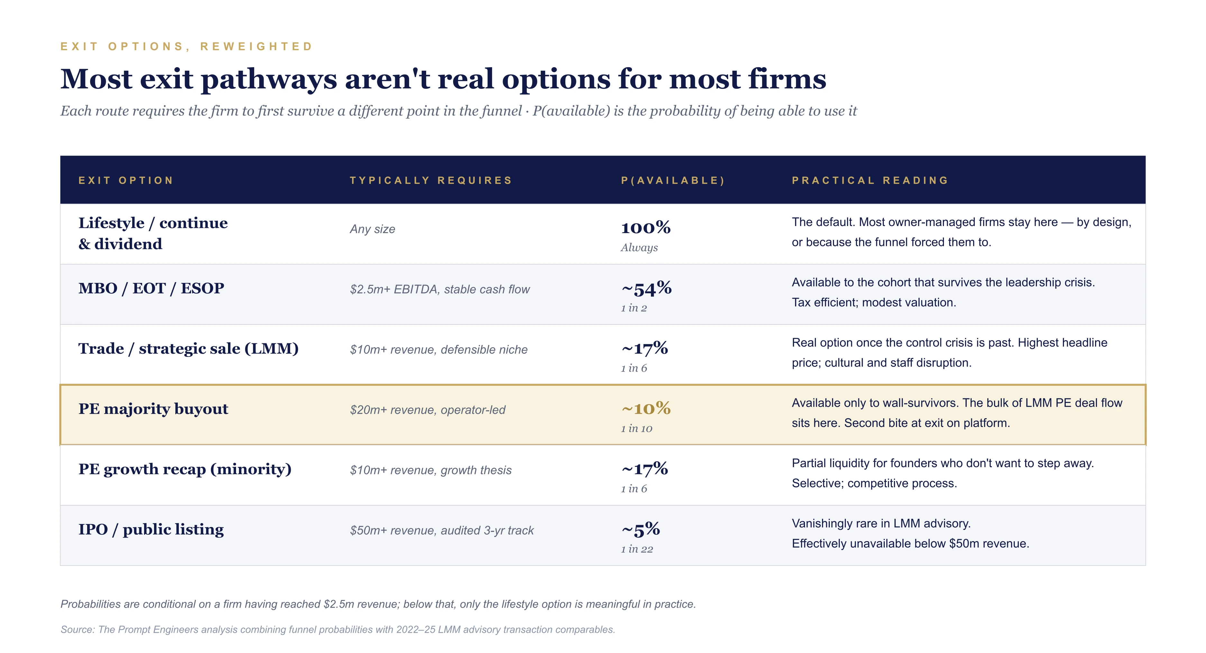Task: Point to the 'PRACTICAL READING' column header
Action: pyautogui.click(x=870, y=180)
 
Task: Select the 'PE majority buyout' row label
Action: pyautogui.click(x=153, y=409)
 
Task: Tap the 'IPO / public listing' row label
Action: pyautogui.click(x=151, y=530)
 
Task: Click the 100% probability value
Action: pyautogui.click(x=645, y=228)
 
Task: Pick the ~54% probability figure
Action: pyautogui.click(x=646, y=288)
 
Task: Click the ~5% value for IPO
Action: pyautogui.click(x=640, y=530)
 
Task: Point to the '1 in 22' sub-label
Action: pyautogui.click(x=637, y=549)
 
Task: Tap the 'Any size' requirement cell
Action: pyautogui.click(x=372, y=229)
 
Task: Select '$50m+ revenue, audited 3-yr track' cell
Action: pyautogui.click(x=442, y=531)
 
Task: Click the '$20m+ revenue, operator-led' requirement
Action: pyautogui.click(x=427, y=410)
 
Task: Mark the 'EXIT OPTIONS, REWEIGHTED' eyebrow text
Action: pyautogui.click(x=186, y=46)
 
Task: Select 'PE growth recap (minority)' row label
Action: pyautogui.click(x=185, y=469)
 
